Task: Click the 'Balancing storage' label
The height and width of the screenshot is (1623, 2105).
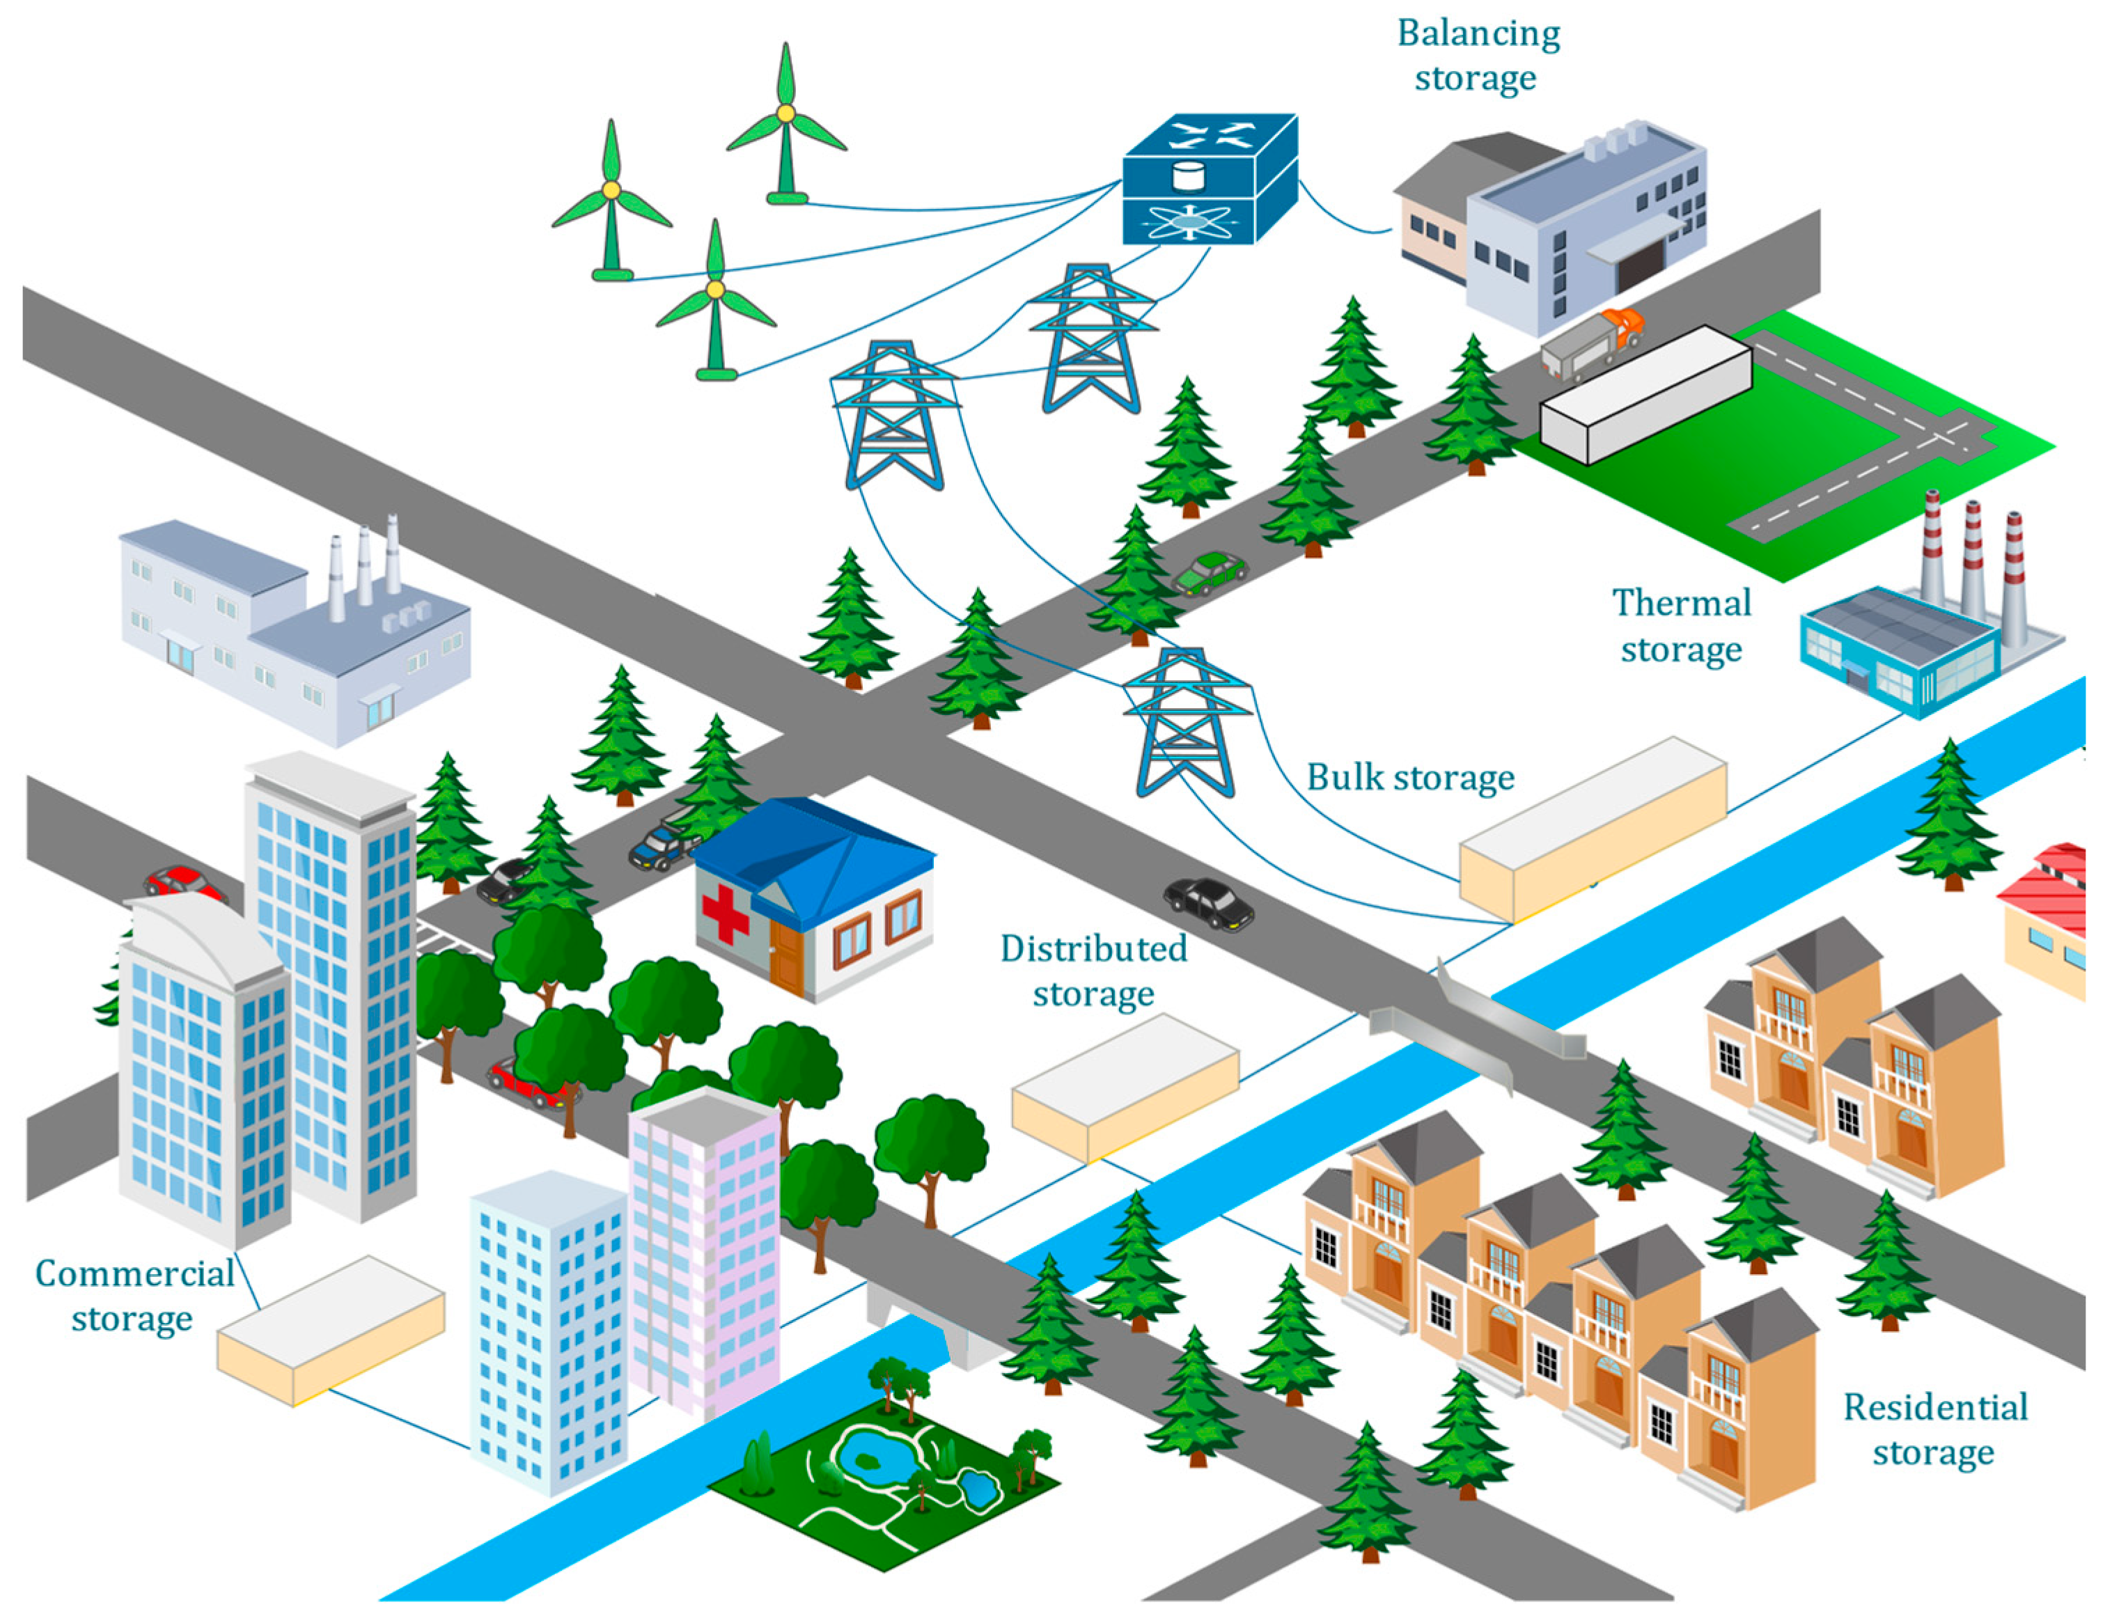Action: [x=1477, y=56]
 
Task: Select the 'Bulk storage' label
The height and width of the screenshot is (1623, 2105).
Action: [x=1410, y=777]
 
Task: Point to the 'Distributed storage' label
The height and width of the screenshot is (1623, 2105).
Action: [x=1093, y=971]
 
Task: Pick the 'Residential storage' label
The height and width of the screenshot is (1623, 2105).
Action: [x=1934, y=1429]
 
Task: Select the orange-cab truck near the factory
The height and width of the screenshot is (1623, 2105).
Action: [x=1591, y=342]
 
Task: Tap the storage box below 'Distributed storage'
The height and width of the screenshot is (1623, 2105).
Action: [x=1124, y=1086]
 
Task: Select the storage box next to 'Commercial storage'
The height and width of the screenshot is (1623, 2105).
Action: [x=329, y=1329]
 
